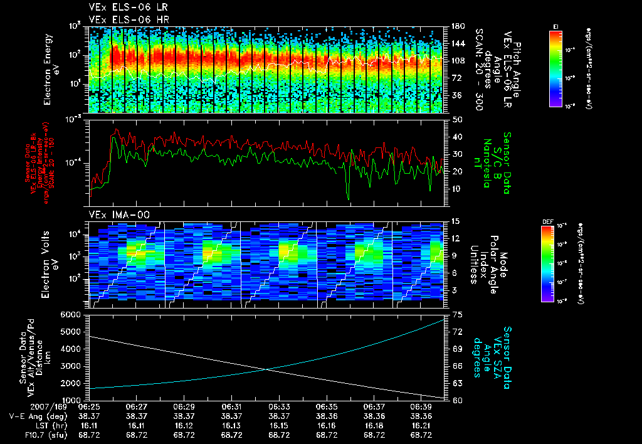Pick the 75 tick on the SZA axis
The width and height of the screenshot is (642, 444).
tap(457, 314)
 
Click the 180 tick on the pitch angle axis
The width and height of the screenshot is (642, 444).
tap(458, 26)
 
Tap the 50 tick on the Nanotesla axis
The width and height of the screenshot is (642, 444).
tap(457, 119)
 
